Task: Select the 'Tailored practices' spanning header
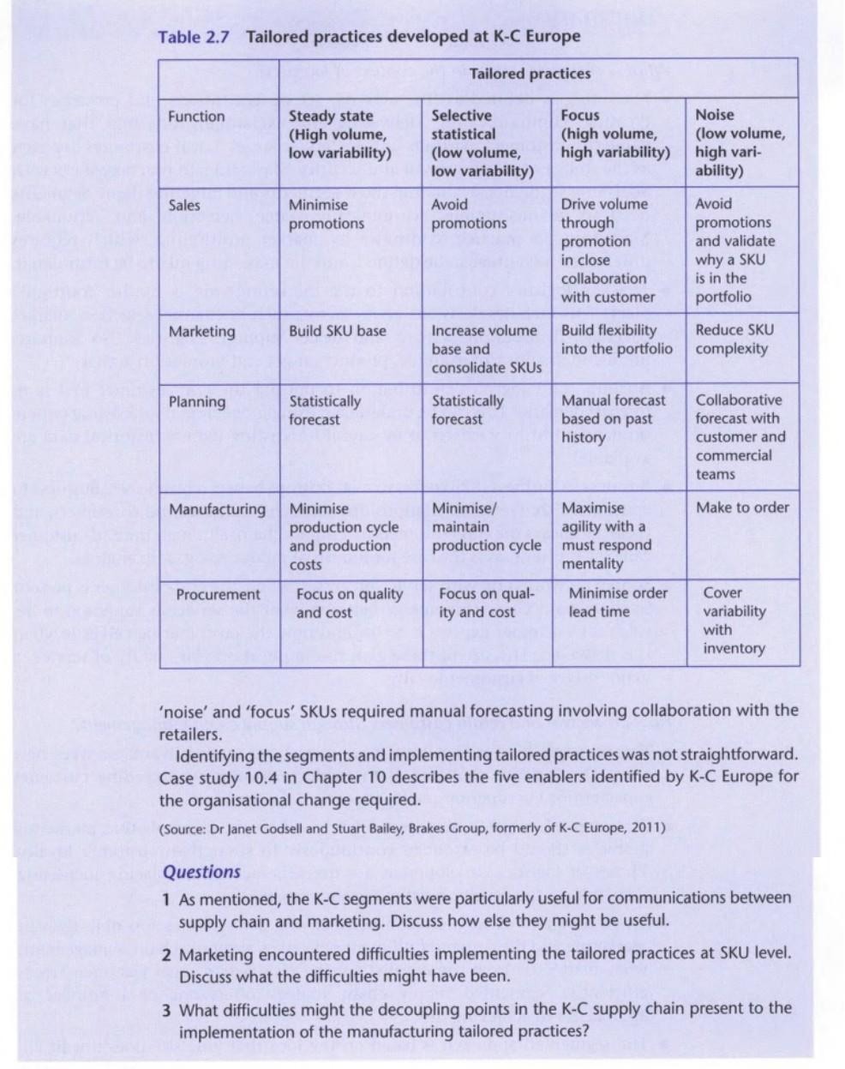point(530,74)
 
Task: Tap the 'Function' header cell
point(196,117)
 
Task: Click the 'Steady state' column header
point(339,135)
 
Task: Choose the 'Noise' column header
point(740,141)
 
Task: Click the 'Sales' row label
point(184,205)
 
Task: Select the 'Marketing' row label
point(201,332)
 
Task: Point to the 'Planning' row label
point(197,402)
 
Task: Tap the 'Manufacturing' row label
point(218,509)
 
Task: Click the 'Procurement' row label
point(218,594)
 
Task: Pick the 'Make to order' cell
point(742,507)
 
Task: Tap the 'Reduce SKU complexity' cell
point(734,339)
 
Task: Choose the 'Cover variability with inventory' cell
point(734,620)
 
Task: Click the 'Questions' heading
point(201,872)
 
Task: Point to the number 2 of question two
point(168,955)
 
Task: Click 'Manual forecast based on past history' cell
point(613,418)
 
